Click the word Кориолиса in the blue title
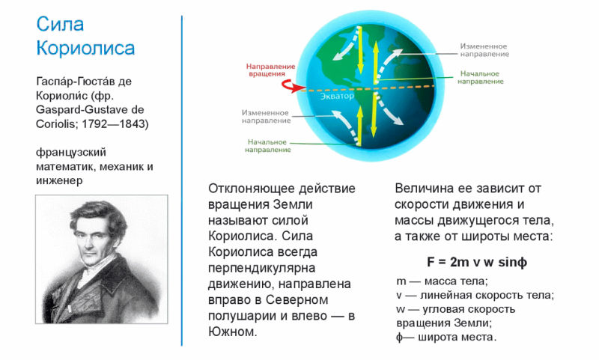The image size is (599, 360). click(85, 49)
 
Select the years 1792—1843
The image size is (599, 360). click(119, 123)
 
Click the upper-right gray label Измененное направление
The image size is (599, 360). click(484, 49)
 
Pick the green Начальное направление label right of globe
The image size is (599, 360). click(481, 77)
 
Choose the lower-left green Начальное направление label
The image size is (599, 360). click(268, 145)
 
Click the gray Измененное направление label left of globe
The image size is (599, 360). click(266, 116)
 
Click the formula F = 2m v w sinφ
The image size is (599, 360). click(472, 263)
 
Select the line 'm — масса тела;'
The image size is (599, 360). click(442, 281)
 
